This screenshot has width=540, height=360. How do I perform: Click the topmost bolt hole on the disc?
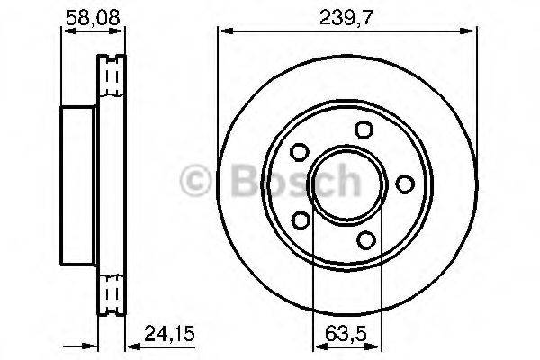coord(363,130)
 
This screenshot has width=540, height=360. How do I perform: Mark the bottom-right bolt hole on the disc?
coord(364,238)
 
